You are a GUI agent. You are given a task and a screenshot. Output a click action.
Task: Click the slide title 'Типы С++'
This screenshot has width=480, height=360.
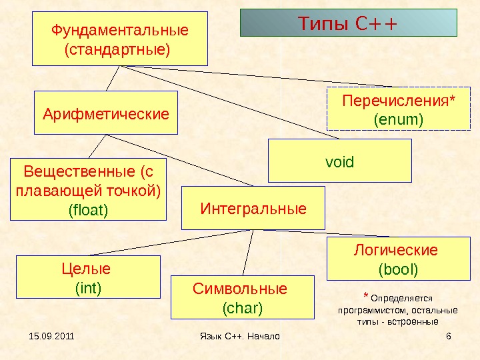347,24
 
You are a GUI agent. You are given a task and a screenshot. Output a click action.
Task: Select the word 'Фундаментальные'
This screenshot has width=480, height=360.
120,31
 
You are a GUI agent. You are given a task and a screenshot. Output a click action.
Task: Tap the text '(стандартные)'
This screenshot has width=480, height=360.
117,49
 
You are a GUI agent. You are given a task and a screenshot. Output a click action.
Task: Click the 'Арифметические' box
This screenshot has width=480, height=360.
106,113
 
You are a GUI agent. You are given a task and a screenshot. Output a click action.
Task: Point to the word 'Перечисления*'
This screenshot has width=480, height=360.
399,101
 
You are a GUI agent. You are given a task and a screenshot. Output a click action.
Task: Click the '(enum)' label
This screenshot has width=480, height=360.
399,120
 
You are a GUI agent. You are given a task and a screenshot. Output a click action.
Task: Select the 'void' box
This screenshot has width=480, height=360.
339,161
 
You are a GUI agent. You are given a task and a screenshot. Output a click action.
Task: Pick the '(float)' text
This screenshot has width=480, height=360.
88,210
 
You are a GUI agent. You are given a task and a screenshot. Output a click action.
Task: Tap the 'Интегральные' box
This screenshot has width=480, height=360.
253,209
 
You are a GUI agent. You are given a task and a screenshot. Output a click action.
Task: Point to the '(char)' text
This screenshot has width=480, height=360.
242,308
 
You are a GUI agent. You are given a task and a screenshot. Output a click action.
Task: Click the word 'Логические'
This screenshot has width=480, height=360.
395,250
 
